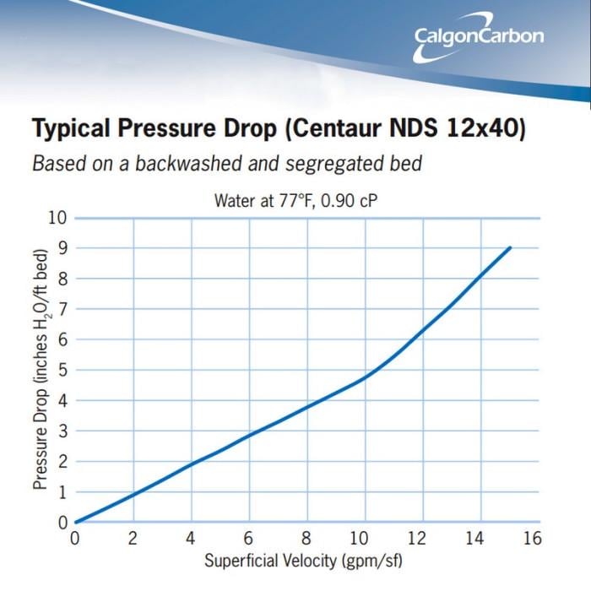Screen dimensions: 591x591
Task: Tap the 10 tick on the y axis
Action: pyautogui.click(x=57, y=217)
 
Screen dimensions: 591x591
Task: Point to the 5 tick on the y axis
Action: pyautogui.click(x=62, y=370)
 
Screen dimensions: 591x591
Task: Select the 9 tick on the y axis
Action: pyautogui.click(x=62, y=247)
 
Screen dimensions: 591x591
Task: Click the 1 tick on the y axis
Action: pyautogui.click(x=62, y=491)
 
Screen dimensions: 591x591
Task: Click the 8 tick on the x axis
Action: pyautogui.click(x=306, y=539)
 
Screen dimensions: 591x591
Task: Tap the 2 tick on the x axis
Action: pyautogui.click(x=133, y=539)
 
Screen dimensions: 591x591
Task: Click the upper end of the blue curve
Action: pyautogui.click(x=510, y=247)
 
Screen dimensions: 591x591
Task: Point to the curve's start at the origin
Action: pyautogui.click(x=76, y=522)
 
